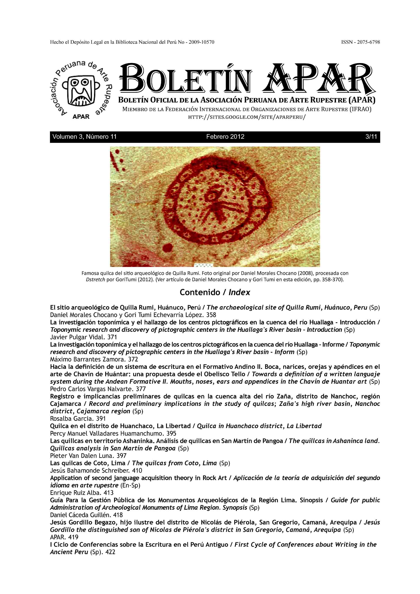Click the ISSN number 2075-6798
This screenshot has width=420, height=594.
(x=368, y=42)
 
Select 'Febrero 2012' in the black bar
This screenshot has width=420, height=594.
(x=225, y=137)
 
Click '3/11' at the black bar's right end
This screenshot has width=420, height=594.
(x=371, y=137)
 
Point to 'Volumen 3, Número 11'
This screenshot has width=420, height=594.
(x=84, y=137)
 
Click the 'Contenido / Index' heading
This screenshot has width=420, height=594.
(x=215, y=292)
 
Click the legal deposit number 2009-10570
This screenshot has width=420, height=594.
(x=201, y=42)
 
